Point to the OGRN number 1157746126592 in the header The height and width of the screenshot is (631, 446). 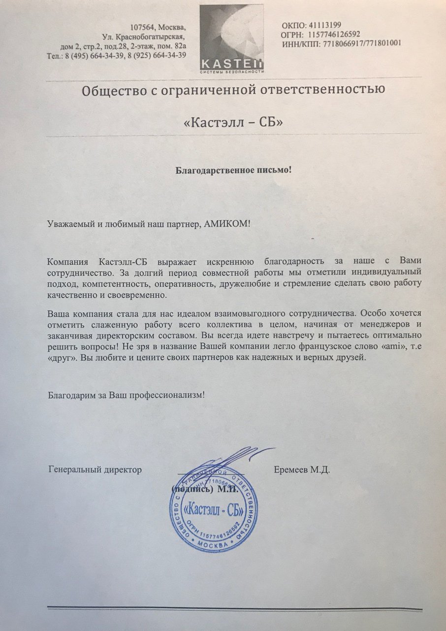click(334, 34)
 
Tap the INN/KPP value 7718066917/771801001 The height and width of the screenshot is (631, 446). click(362, 43)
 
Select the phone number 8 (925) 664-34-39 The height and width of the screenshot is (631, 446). click(157, 55)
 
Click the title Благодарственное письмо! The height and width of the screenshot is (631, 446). click(234, 171)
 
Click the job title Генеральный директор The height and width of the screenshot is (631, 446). click(95, 470)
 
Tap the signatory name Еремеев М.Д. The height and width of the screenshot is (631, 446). click(301, 470)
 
